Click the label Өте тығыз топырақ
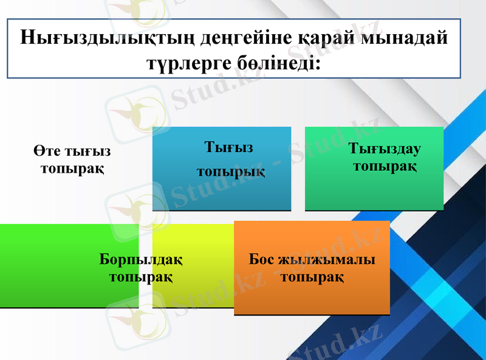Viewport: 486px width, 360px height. [72, 159]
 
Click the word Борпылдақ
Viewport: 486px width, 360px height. [141, 260]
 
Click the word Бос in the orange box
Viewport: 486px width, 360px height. [261, 260]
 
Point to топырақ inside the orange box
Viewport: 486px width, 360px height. [312, 277]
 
